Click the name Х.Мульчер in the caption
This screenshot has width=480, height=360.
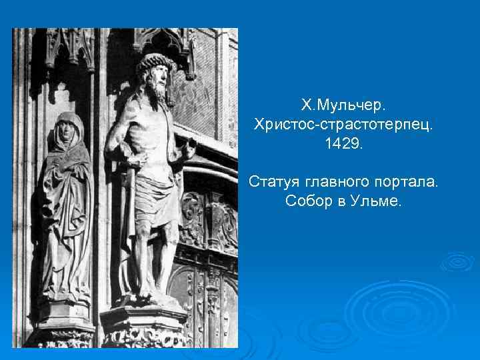pyautogui.click(x=343, y=105)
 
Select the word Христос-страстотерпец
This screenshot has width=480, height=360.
pyautogui.click(x=343, y=125)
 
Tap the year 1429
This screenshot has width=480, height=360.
pyautogui.click(x=343, y=144)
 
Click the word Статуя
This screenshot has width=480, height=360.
pyautogui.click(x=273, y=182)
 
